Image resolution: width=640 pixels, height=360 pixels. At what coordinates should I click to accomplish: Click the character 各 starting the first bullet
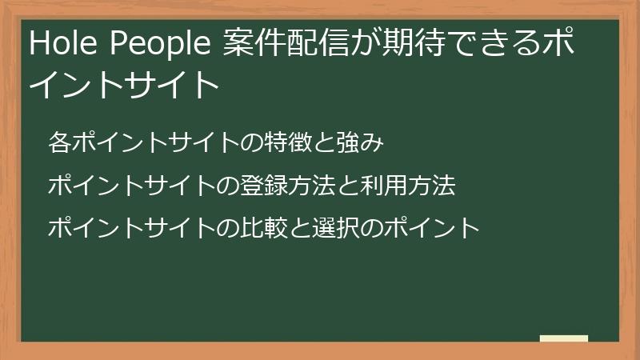58,144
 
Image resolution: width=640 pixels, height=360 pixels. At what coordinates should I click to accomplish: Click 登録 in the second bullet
282,186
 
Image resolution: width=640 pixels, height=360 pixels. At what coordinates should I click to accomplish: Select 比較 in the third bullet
282,229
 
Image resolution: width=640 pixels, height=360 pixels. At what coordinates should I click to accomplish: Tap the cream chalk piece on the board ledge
564,338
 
